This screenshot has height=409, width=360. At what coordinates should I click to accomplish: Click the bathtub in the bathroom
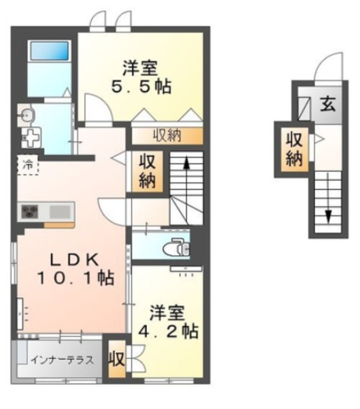49,50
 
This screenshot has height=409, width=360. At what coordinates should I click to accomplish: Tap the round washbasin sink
26,114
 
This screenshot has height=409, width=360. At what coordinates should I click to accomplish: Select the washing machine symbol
31,137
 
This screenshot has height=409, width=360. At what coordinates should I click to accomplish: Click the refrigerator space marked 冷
28,165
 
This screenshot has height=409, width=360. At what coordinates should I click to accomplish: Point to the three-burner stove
30,212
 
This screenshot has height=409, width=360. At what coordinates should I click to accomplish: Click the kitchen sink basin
60,212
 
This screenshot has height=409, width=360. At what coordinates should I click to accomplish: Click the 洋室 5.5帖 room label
141,77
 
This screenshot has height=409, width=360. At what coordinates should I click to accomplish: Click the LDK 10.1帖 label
75,268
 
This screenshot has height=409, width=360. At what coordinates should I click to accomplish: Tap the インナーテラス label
63,360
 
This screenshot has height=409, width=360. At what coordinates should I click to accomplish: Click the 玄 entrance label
327,104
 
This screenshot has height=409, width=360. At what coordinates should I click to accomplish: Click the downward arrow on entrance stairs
328,197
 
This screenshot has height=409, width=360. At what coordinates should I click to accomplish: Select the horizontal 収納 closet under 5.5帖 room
167,135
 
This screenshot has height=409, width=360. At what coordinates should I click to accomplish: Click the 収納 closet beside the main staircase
147,171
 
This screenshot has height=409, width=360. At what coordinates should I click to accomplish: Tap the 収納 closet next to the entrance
294,149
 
